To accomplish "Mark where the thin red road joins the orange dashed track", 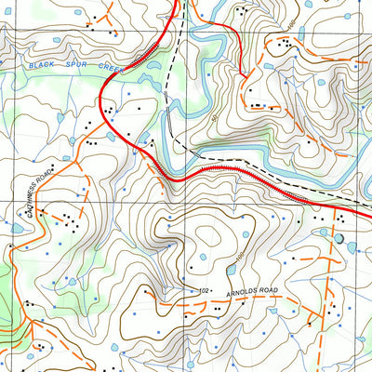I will coord(244,75).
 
